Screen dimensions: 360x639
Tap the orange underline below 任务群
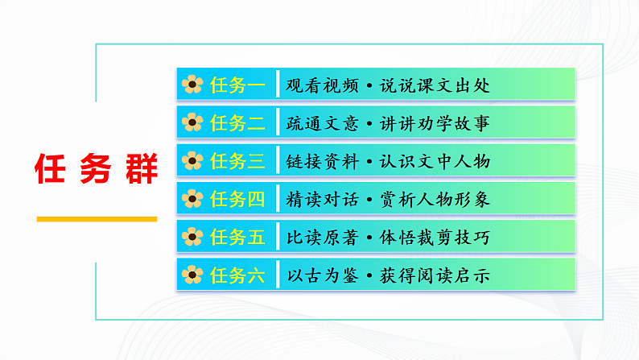97,218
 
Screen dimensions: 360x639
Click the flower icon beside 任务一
192,85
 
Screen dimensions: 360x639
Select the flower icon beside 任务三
192,161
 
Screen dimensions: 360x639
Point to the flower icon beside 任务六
192,275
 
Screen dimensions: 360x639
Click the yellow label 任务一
237,85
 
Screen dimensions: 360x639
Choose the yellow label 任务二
237,123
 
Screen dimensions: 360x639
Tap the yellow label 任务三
237,161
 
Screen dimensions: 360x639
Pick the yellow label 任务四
237,199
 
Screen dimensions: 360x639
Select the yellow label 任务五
237,237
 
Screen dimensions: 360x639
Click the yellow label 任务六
237,275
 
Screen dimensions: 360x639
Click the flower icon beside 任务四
192,199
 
